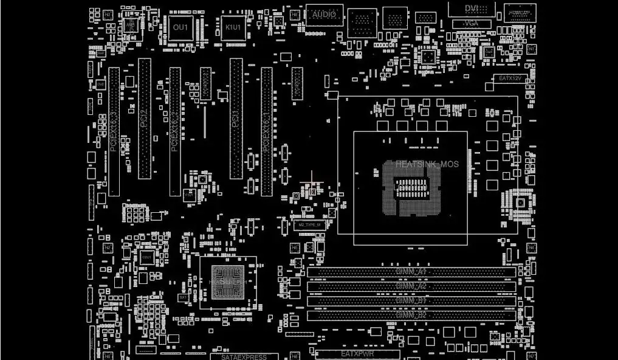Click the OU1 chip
click(x=180, y=28)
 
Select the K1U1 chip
click(x=233, y=28)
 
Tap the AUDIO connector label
click(x=324, y=15)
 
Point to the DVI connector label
click(x=472, y=8)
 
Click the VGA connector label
click(x=469, y=23)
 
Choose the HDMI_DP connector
click(x=520, y=13)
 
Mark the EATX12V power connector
click(x=510, y=78)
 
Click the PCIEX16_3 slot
click(x=114, y=131)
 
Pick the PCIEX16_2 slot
click(x=175, y=131)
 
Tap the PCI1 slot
click(x=236, y=119)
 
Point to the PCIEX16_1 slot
click(x=266, y=131)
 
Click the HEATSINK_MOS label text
click(x=427, y=164)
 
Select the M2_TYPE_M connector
click(x=310, y=225)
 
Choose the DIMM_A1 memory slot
click(x=411, y=271)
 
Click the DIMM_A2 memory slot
click(x=411, y=286)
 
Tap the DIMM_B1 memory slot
click(x=411, y=300)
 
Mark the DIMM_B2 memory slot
click(x=411, y=315)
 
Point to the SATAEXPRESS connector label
click(x=244, y=356)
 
